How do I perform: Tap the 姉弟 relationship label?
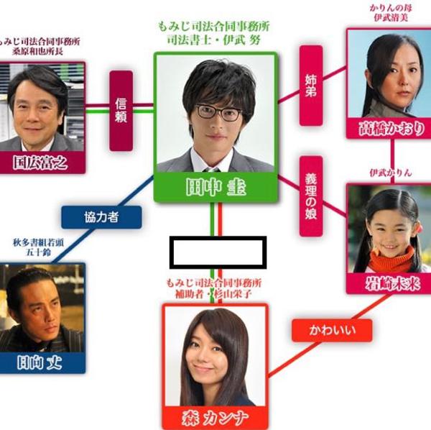(x=310, y=85)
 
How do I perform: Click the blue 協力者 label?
(x=101, y=217)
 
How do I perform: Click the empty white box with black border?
(x=218, y=252)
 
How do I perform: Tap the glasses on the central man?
(x=218, y=112)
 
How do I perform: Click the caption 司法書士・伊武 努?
(x=214, y=42)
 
